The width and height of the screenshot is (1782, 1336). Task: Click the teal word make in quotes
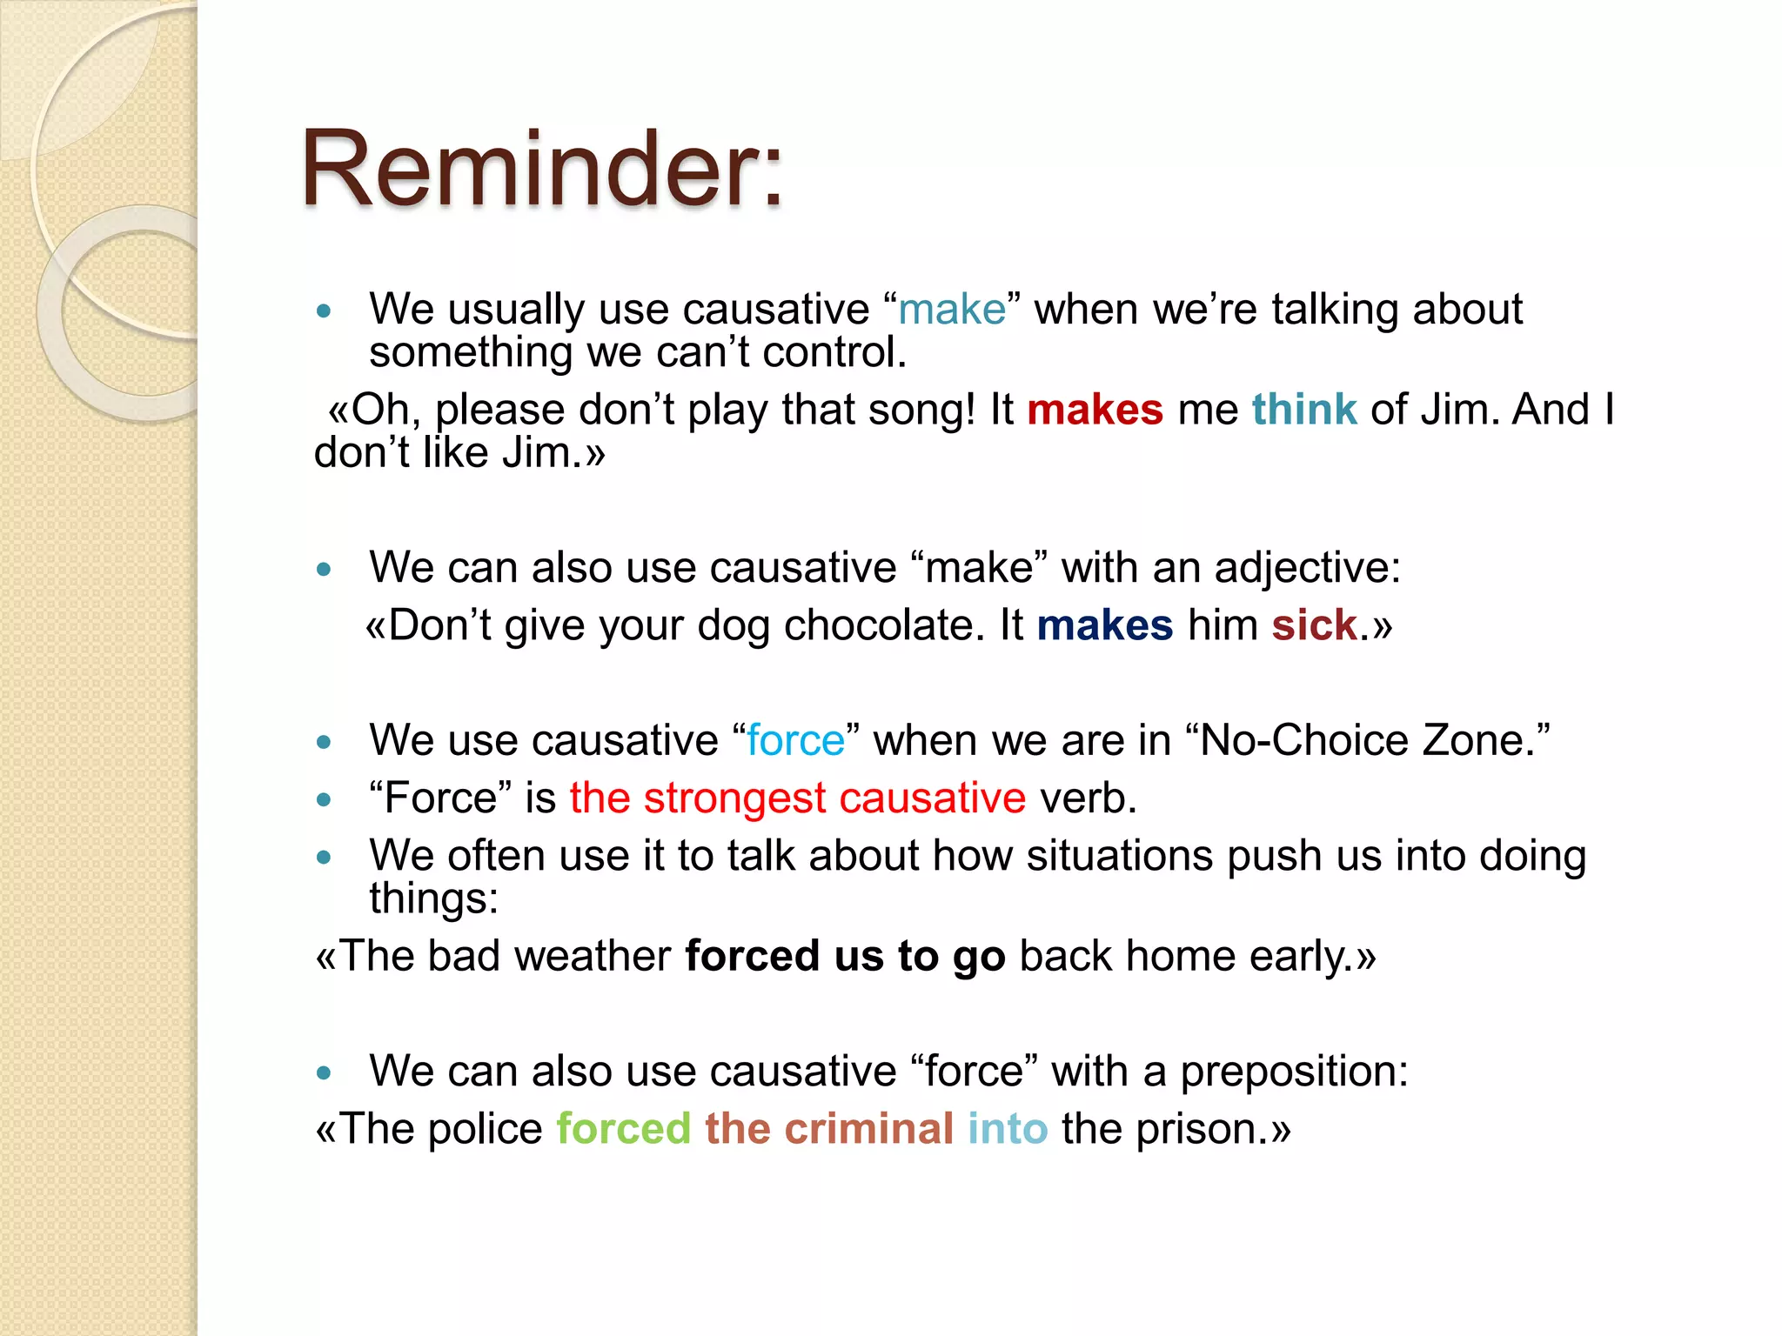click(x=951, y=310)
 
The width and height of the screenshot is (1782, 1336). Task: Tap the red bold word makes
click(x=1094, y=410)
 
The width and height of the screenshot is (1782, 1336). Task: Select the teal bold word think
click(x=1303, y=410)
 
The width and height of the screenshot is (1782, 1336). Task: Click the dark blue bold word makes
click(x=1104, y=625)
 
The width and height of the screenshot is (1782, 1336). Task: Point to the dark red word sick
click(x=1314, y=625)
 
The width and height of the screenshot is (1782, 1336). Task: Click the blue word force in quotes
click(x=795, y=741)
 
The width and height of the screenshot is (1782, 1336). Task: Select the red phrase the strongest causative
click(x=797, y=798)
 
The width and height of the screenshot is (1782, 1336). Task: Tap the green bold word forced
click(x=623, y=1129)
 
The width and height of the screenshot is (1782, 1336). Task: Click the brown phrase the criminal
click(x=828, y=1129)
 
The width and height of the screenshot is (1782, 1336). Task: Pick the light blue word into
click(x=1007, y=1129)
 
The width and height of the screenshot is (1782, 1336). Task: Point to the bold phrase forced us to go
click(x=844, y=957)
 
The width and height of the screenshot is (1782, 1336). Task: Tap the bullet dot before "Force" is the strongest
click(x=325, y=799)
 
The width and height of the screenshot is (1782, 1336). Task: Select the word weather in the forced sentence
click(x=592, y=957)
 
